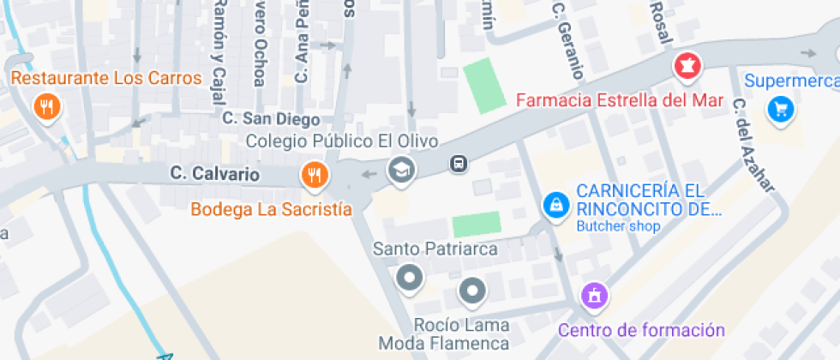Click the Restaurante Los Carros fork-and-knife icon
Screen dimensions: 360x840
(x=46, y=107)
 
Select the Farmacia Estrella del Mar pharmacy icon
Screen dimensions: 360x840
(x=687, y=65)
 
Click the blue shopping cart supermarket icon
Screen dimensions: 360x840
(x=780, y=109)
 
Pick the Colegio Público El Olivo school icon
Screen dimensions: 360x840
(x=400, y=169)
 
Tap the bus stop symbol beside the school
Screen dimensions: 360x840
(x=459, y=163)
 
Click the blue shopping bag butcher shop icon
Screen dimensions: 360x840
(x=556, y=205)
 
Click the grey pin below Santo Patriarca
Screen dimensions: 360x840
(x=410, y=278)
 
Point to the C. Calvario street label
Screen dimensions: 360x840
(x=214, y=174)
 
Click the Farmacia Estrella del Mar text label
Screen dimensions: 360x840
(x=620, y=100)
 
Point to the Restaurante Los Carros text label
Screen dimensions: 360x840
(x=106, y=79)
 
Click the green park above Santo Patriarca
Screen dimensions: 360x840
(x=476, y=224)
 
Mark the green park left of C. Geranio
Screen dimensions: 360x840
(x=485, y=85)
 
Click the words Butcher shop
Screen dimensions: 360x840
(x=618, y=227)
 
